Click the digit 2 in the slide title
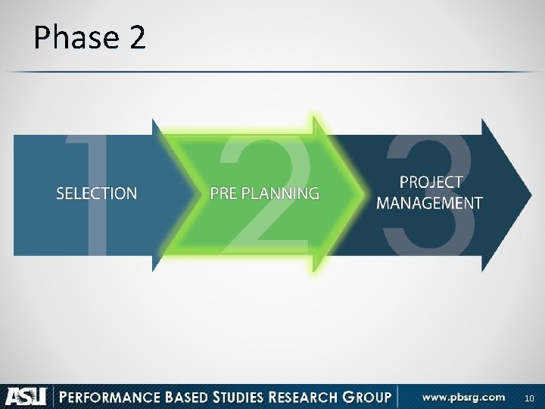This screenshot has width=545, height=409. point(136,38)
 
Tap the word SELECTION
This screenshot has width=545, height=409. point(97,193)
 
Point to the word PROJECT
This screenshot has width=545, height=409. point(430,183)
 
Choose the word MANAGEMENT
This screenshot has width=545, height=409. point(429,203)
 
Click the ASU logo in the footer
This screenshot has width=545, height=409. point(26,396)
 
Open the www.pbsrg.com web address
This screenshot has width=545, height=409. point(463,397)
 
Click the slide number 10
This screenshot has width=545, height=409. point(529,398)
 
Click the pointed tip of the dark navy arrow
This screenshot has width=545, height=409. point(528,195)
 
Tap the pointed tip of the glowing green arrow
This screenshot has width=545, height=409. point(357,194)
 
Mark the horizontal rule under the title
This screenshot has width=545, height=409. point(272,72)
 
